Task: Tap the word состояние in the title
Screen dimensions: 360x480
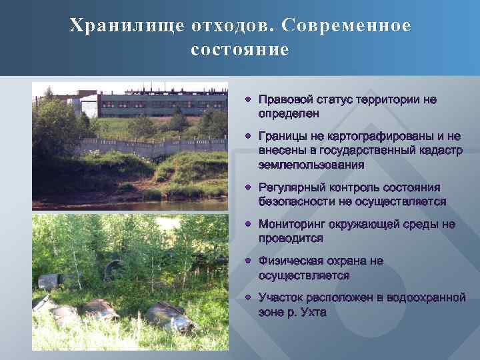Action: tap(240, 50)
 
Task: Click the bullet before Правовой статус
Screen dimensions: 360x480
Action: tap(247, 99)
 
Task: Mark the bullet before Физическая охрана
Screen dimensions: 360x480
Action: tap(247, 261)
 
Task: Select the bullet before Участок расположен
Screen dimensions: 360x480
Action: tap(247, 298)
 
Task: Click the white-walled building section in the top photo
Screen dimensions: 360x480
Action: tap(88, 107)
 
